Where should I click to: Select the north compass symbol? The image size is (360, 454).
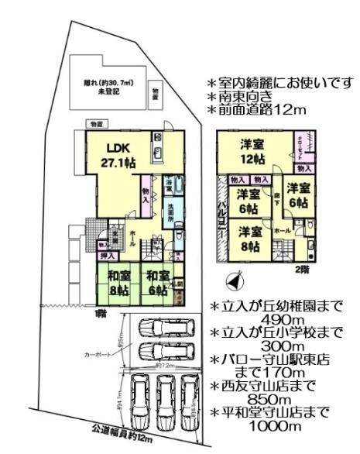click(x=229, y=280)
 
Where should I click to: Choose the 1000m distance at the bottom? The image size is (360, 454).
click(x=283, y=427)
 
